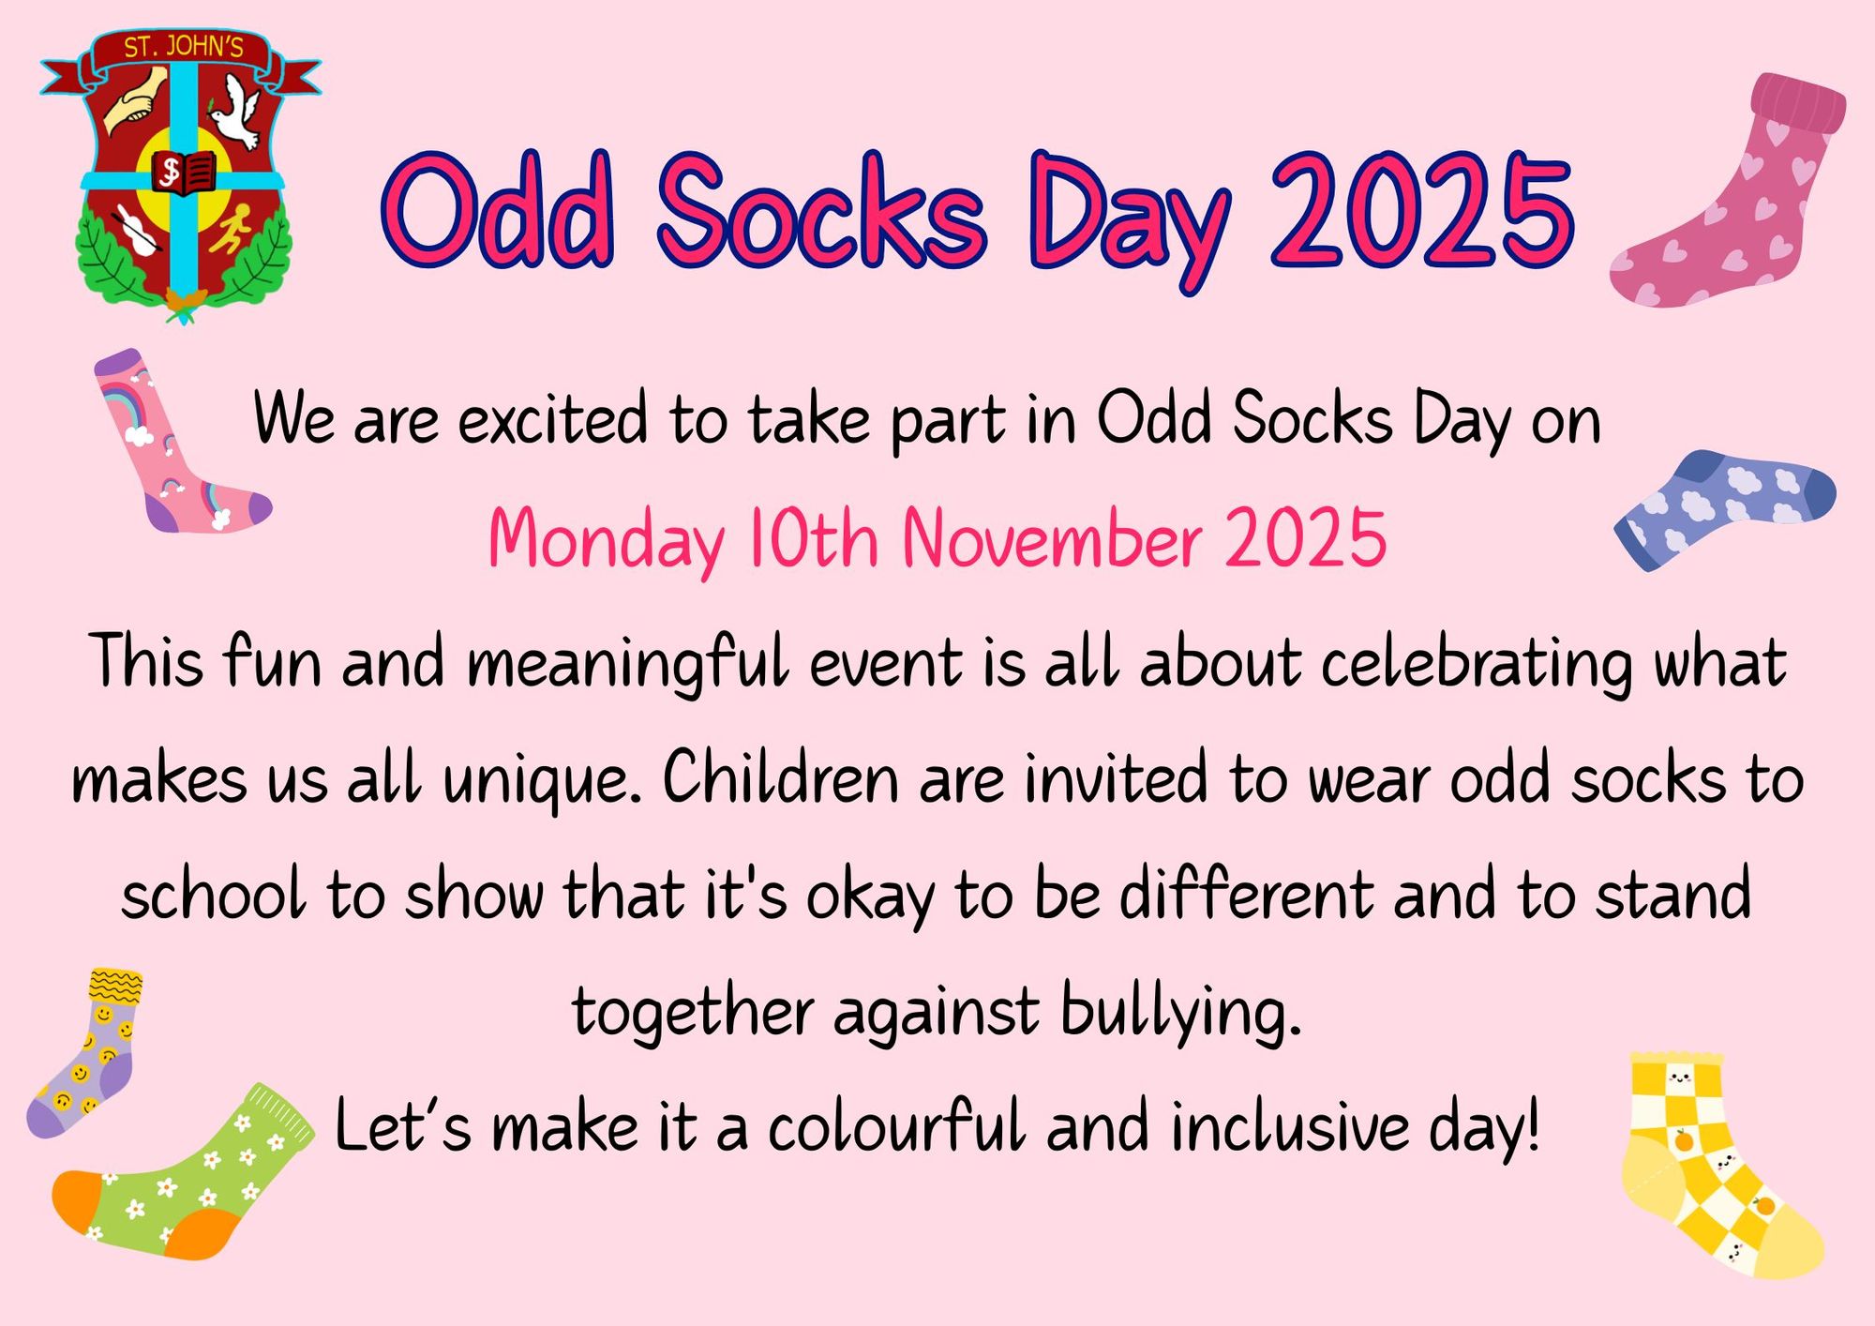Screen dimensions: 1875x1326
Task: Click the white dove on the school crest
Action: (234, 113)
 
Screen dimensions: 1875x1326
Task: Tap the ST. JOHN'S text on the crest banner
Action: (184, 47)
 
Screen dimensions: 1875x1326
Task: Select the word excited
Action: (553, 419)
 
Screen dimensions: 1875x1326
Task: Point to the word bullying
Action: (1181, 1013)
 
